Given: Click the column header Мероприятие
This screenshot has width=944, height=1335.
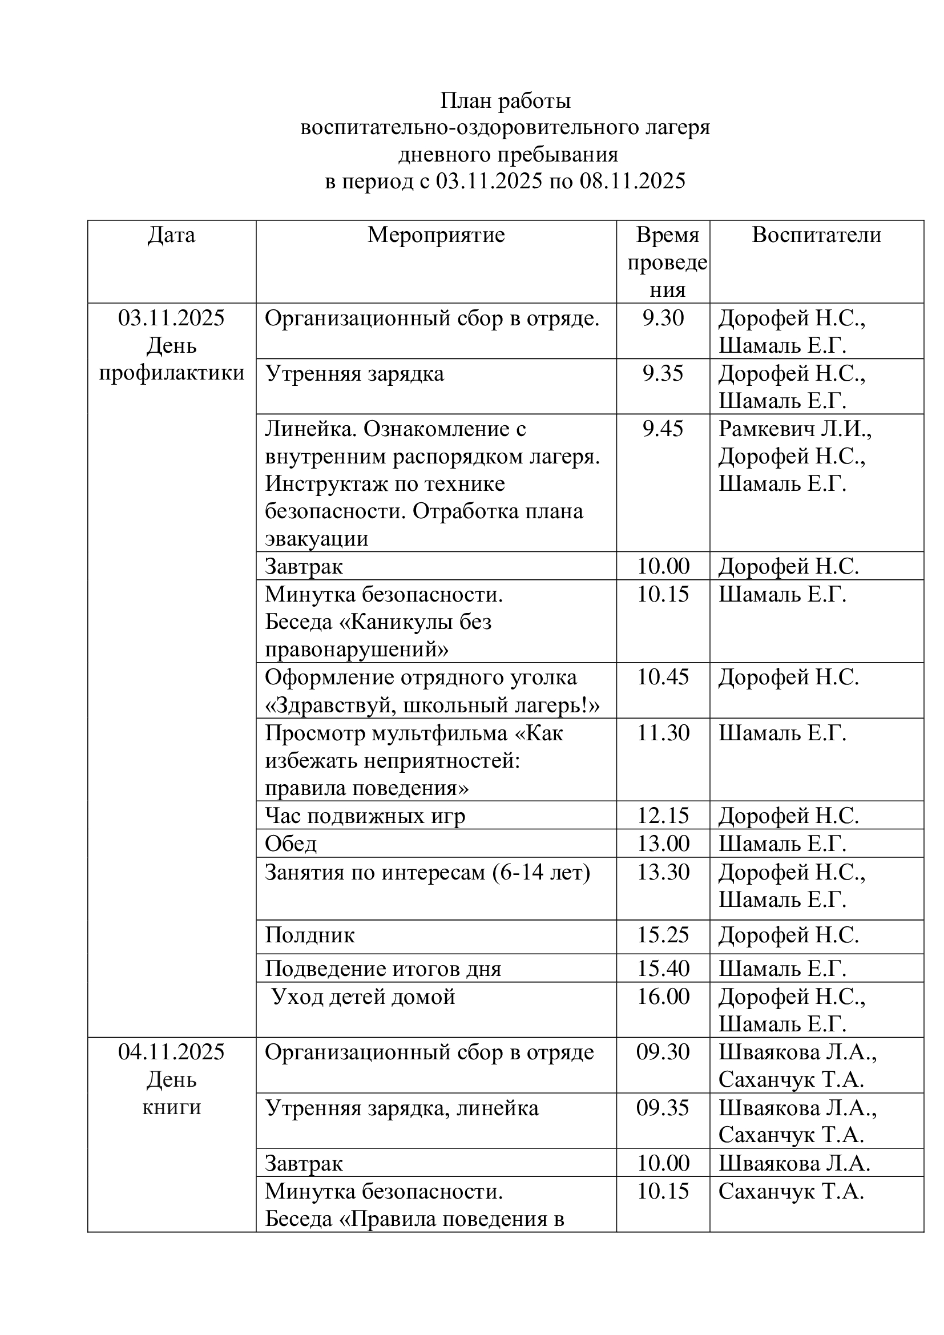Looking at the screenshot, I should click(436, 235).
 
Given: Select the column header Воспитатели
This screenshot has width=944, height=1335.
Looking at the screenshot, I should click(816, 235).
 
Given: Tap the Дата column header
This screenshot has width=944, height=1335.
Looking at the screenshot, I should click(171, 235).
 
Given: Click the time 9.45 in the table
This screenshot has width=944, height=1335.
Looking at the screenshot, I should click(663, 429).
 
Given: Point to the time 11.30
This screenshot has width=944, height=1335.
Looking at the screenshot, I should click(663, 733).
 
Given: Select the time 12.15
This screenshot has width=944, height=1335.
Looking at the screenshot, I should click(663, 816).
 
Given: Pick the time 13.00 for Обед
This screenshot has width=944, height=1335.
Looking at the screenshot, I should click(663, 844).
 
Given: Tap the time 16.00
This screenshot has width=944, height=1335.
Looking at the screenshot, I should click(663, 997).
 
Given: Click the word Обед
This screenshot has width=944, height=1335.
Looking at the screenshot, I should click(291, 844).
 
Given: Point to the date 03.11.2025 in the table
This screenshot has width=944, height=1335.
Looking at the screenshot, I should click(171, 318).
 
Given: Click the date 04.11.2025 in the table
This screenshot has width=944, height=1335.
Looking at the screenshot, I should click(171, 1052).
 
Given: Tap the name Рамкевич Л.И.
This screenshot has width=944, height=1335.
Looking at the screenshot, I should click(794, 429).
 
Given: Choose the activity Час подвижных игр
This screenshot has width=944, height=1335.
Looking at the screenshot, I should click(365, 816).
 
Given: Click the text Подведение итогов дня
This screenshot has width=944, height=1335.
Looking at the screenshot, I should click(383, 969).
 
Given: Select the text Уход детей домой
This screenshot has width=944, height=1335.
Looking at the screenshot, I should click(364, 997).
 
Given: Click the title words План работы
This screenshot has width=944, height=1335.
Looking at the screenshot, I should click(505, 101).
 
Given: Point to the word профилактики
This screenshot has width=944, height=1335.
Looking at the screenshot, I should click(171, 373).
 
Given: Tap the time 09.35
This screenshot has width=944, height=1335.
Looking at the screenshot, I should click(663, 1108).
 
